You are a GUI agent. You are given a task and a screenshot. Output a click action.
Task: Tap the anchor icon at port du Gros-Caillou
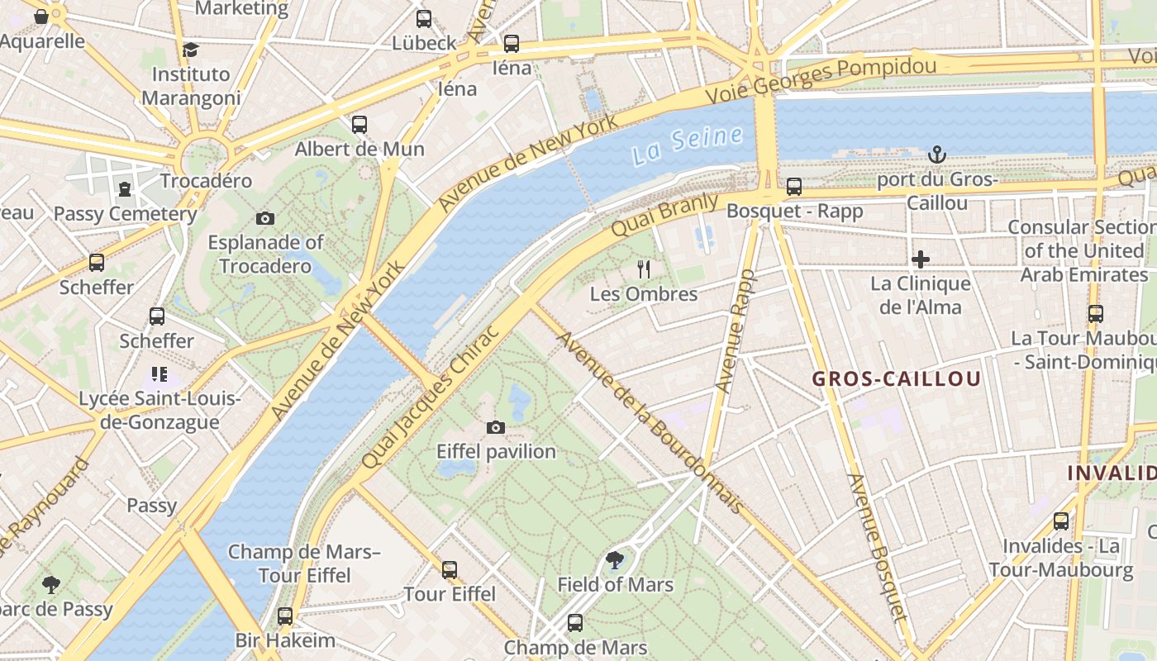point(936,154)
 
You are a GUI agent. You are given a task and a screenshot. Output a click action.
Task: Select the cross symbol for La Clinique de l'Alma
point(920,259)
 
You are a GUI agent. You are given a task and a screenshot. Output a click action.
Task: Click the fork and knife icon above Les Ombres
point(644,269)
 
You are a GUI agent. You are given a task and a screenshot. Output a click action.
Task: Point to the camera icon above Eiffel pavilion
point(495,427)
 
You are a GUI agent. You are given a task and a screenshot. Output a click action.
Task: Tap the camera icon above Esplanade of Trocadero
point(264,218)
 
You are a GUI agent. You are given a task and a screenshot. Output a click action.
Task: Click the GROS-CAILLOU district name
point(897,379)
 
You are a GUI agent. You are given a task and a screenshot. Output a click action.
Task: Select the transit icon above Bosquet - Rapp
point(794,187)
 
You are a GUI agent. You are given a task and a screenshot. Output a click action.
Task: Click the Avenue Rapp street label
point(735,330)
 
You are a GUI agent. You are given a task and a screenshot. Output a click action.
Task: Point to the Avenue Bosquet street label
point(878,546)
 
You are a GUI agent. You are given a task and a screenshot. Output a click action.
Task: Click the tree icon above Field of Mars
point(614,560)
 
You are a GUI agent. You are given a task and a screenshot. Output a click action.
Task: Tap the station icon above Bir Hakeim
point(285,616)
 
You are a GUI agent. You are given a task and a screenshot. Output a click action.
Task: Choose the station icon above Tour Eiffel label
point(449,569)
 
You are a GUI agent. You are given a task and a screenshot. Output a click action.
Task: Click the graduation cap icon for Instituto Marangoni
point(191,50)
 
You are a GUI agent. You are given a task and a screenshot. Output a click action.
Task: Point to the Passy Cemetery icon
point(124,189)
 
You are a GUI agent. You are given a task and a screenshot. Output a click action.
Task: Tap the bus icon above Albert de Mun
point(359,125)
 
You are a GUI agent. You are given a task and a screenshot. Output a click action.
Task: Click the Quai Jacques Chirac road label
point(431,397)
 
